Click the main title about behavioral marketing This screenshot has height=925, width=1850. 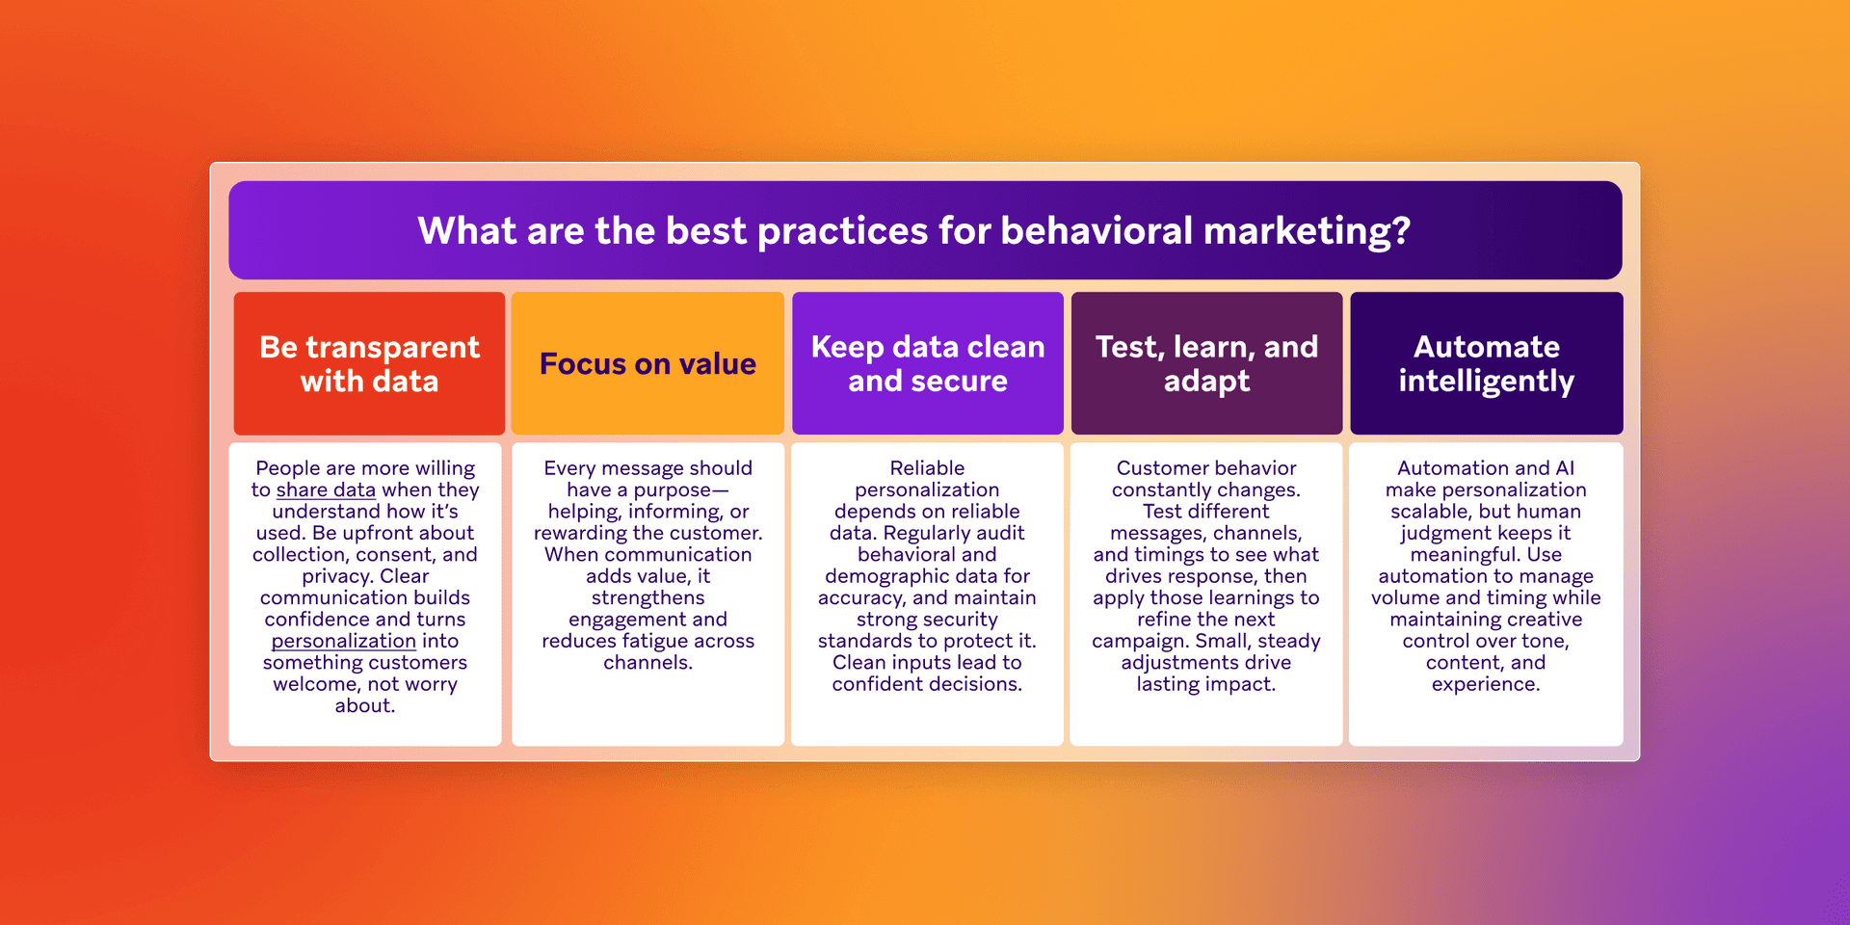913,231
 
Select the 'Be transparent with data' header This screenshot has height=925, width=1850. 369,363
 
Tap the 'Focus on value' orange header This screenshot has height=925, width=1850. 647,363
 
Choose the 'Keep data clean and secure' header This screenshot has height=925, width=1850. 927,363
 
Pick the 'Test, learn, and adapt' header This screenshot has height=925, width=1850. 1206,363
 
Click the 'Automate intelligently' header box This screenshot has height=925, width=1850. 1486,363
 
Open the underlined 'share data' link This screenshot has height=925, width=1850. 326,490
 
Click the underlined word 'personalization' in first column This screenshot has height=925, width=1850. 343,641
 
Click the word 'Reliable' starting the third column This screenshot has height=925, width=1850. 927,468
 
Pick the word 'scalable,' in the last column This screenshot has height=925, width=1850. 1431,512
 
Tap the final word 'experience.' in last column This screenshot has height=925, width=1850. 1486,684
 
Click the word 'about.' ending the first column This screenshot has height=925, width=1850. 365,706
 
